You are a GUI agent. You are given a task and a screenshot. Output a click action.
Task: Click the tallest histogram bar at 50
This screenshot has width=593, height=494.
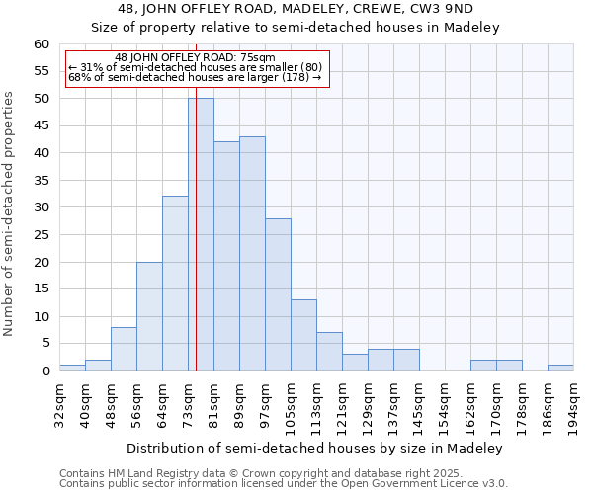tap(201, 234)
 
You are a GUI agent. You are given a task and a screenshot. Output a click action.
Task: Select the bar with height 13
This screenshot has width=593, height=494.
tap(303, 335)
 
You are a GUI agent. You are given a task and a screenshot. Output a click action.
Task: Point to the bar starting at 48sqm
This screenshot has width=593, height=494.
tap(124, 349)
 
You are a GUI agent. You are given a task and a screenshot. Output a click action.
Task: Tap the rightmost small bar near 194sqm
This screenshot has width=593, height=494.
tap(560, 368)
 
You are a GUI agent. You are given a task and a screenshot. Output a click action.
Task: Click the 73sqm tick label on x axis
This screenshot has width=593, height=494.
tap(188, 402)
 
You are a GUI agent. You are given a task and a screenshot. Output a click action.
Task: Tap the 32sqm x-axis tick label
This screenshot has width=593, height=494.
tap(59, 402)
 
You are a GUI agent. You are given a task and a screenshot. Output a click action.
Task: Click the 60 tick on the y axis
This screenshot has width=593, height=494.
tap(42, 44)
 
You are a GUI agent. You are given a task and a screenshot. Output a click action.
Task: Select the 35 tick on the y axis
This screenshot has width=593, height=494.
tap(42, 181)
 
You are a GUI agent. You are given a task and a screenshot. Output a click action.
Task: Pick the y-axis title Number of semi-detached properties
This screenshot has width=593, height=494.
tap(10, 213)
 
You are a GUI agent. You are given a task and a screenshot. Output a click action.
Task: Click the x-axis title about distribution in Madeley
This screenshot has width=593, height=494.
tap(315, 448)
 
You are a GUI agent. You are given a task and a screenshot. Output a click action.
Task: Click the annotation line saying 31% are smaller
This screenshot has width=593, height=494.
tap(195, 67)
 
